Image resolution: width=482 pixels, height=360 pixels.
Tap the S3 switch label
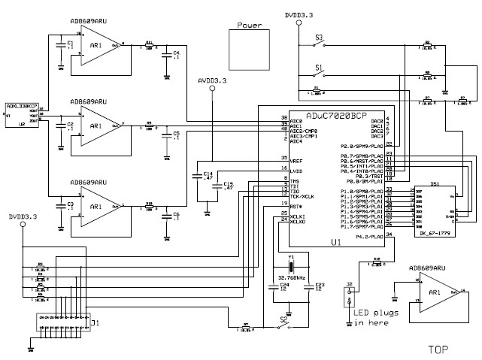click(319, 37)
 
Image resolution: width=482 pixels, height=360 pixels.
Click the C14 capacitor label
click(208, 174)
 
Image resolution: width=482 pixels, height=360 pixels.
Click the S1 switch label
click(319, 67)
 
